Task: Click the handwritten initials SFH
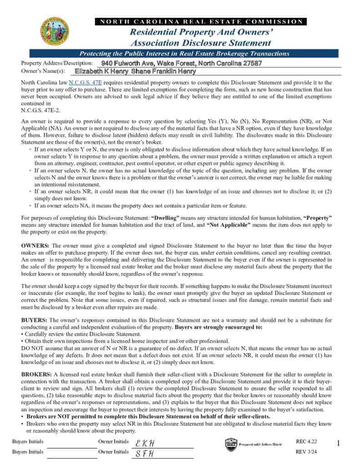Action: pos(145,453)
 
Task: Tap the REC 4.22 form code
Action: pos(306,441)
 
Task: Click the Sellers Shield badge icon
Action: pos(231,444)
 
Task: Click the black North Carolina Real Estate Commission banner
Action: pos(201,21)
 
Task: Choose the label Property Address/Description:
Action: pos(57,63)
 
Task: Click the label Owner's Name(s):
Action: pos(43,71)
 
